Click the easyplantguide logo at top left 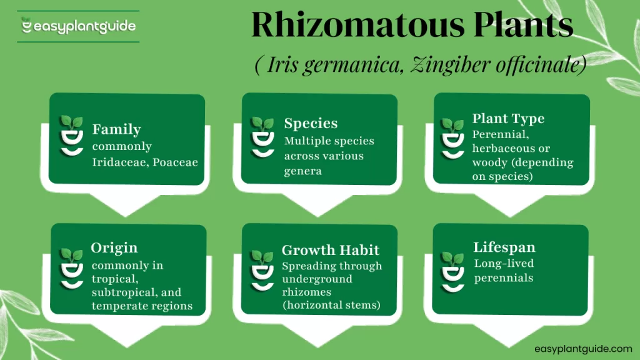[x=78, y=26]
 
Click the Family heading [x=116, y=129]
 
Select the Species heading [x=311, y=123]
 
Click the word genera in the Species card [x=303, y=171]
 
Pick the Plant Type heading [x=508, y=119]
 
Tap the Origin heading [x=114, y=247]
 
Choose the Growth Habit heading [x=331, y=251]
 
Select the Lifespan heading [x=504, y=247]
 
